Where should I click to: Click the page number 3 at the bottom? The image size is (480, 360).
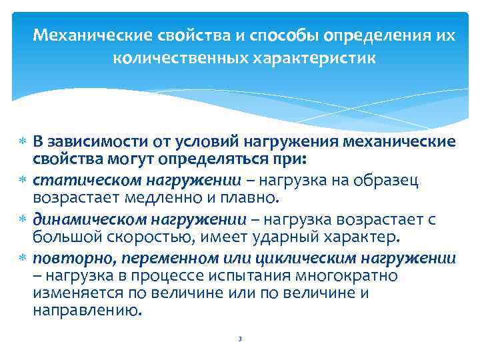[239, 339]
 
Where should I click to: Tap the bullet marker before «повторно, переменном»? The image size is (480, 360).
[23, 257]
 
